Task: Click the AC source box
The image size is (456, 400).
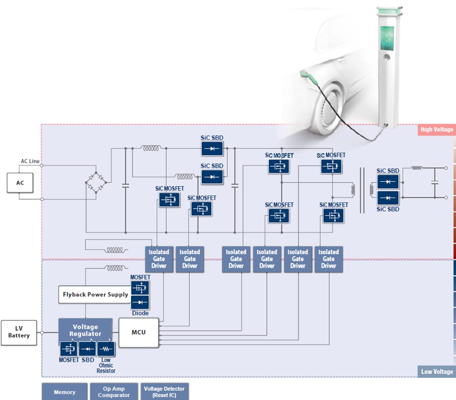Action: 20,183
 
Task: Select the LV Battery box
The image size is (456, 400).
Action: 19,332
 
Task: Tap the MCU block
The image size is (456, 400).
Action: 138,332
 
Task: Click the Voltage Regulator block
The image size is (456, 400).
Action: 85,330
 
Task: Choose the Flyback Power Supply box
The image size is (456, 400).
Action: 95,294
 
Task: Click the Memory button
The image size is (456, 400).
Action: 65,392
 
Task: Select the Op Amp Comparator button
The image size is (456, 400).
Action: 114,392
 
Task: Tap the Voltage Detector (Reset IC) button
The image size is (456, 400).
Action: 164,392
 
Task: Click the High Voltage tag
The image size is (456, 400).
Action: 436,130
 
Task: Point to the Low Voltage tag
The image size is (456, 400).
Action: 437,372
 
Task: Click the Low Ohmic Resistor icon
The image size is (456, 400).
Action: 106,349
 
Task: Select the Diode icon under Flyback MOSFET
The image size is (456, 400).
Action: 140,302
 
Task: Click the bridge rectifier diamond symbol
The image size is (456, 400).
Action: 96,182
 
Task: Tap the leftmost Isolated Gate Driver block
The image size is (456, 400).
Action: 159,259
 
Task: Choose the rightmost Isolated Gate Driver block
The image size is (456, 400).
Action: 328,259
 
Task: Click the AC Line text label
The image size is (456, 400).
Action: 30,161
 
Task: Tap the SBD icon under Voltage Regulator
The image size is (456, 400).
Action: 87,349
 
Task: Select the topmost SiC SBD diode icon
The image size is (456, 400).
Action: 212,149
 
